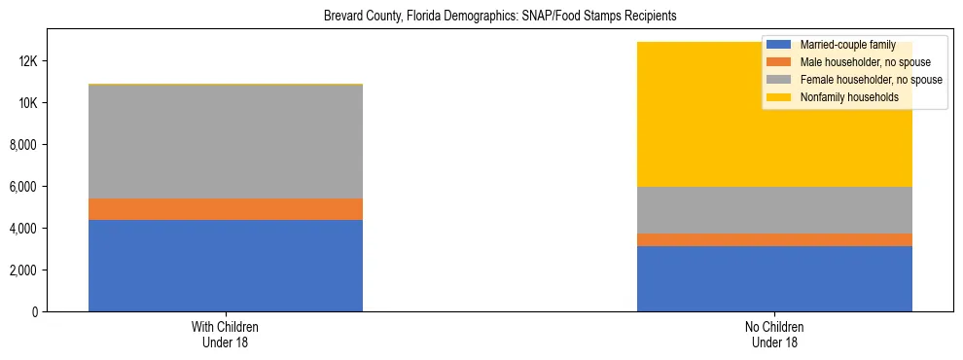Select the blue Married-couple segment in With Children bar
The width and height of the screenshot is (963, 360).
[226, 266]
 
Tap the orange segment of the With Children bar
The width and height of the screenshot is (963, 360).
[226, 209]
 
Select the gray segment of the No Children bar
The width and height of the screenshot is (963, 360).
[774, 210]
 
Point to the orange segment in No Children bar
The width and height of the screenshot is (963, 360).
[774, 239]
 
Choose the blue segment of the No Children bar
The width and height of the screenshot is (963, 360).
[774, 278]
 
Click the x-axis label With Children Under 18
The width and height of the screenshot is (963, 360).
[226, 335]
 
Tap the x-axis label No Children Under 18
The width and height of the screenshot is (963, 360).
[774, 335]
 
